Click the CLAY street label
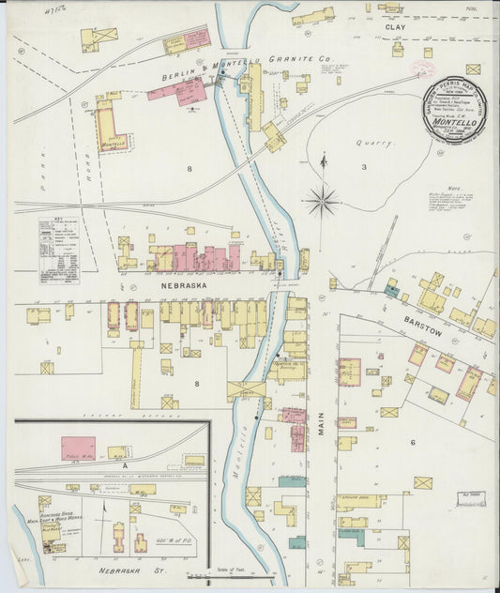(395, 27)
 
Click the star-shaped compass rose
(323, 198)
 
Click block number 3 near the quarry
(365, 167)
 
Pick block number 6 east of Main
(412, 441)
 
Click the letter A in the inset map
(123, 464)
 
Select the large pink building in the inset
(78, 448)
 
